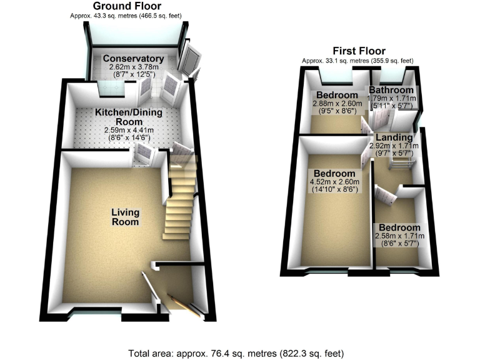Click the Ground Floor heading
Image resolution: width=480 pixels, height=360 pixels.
tap(127, 6)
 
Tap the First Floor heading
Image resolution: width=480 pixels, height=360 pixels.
tap(359, 51)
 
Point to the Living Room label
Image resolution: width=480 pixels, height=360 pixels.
tap(125, 217)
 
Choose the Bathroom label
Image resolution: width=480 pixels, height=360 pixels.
tap(391, 90)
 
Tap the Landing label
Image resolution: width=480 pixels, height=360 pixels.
tap(394, 137)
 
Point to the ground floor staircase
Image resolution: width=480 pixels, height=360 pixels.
tap(177, 200)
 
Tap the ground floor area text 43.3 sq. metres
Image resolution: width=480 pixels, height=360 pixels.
tap(127, 15)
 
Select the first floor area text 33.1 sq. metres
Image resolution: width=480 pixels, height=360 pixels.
tap(357, 61)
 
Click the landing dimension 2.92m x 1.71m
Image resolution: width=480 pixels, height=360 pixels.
tap(393, 146)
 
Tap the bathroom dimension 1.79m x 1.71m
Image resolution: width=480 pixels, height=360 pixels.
tap(392, 98)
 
